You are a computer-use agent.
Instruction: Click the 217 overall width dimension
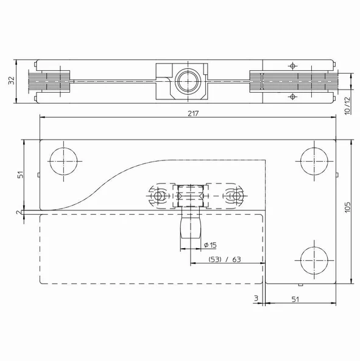pos(193,113)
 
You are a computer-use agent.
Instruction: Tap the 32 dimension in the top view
pos(10,82)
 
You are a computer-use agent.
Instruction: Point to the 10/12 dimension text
pos(348,106)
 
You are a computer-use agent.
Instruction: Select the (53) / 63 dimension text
pos(225,260)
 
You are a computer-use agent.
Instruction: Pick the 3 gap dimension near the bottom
pos(256,298)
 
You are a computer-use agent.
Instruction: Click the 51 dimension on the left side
pos(20,175)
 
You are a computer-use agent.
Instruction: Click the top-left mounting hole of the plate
pos(63,160)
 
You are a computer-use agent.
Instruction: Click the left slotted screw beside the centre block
pos(160,197)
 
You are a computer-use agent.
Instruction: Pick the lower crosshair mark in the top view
pos(294,96)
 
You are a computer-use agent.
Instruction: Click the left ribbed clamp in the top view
pos(53,81)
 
